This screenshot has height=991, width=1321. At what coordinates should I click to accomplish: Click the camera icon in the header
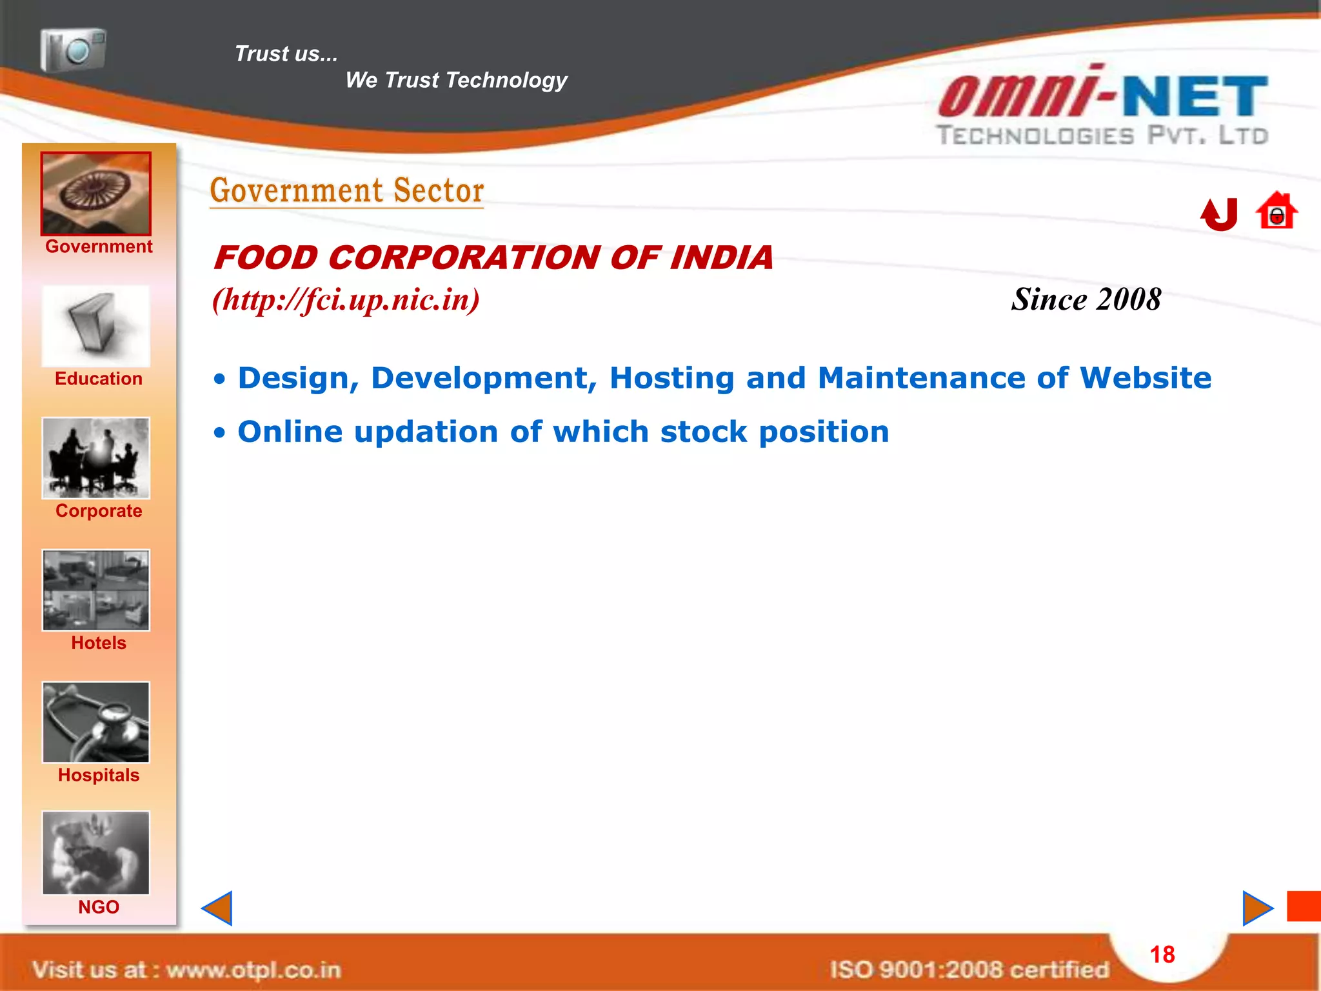(74, 50)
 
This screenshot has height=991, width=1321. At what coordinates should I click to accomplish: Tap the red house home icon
(1276, 211)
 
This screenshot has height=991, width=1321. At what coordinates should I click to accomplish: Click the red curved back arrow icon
(1220, 214)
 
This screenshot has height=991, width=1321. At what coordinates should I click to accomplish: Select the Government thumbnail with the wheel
(96, 194)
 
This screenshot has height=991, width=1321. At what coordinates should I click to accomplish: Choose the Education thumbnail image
(96, 326)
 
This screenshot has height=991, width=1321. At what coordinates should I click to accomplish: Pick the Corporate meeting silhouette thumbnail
(96, 458)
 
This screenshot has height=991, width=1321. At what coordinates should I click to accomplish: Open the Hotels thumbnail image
(96, 590)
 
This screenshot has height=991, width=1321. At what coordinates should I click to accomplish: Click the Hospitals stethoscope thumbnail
(96, 723)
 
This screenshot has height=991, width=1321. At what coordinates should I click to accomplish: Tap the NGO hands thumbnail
(96, 853)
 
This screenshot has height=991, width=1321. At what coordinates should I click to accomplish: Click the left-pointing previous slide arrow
(217, 908)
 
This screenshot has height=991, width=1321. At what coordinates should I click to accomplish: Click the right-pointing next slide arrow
(1257, 908)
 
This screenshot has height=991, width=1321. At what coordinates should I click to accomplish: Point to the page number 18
(1162, 955)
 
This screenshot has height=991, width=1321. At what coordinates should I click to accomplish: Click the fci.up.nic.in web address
(346, 299)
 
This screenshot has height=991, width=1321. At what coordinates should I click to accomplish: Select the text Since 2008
(1086, 299)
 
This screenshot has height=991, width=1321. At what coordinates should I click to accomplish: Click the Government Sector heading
(347, 191)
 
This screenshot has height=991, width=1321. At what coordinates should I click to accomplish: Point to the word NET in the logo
(1196, 97)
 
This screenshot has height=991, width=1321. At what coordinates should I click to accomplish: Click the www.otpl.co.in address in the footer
(253, 970)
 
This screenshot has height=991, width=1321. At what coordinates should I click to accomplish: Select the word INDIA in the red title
(721, 258)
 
